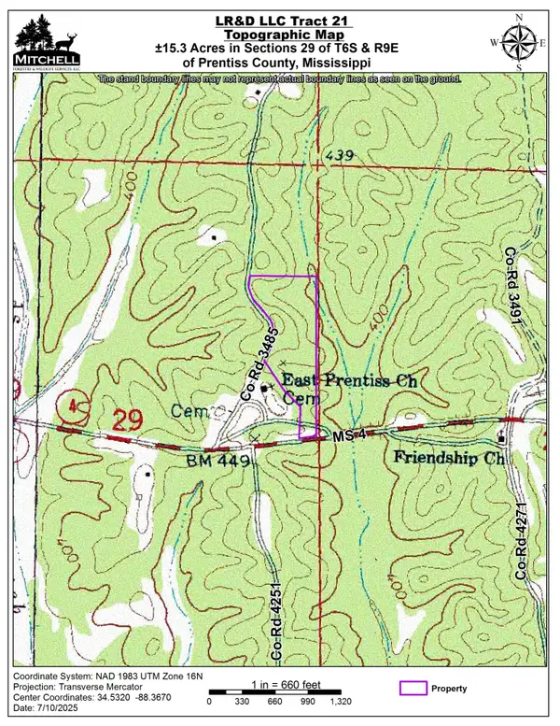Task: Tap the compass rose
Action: (x=514, y=40)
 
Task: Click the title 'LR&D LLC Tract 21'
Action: (x=278, y=21)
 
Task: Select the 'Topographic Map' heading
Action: (x=278, y=35)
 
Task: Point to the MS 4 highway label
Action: (x=348, y=437)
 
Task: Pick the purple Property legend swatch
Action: (x=411, y=689)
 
